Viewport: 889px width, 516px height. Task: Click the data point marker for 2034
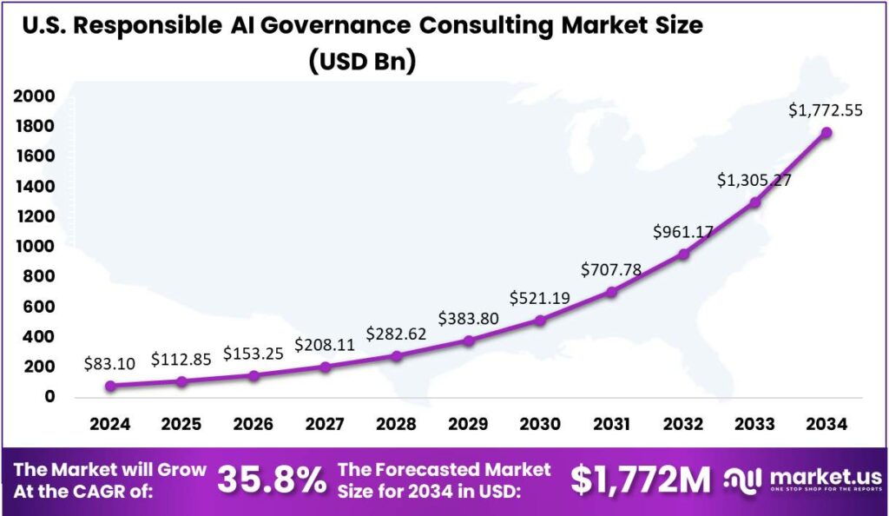pos(826,133)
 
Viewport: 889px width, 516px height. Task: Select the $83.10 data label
pos(110,364)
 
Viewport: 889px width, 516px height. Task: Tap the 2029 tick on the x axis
pos(468,424)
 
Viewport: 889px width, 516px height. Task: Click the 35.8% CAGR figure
pos(272,480)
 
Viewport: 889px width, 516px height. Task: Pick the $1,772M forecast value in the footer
pos(641,479)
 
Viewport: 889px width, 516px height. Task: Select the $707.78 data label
pos(612,269)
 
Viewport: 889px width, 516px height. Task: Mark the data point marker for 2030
pos(540,321)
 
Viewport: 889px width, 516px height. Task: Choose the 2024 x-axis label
pos(109,424)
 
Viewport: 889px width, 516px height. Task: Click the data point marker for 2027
pos(325,367)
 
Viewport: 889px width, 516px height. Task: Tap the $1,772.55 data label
pos(825,110)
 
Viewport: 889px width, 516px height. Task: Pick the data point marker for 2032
pos(683,255)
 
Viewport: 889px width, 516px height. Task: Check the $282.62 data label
pos(396,334)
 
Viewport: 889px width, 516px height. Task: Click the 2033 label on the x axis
pos(755,424)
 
